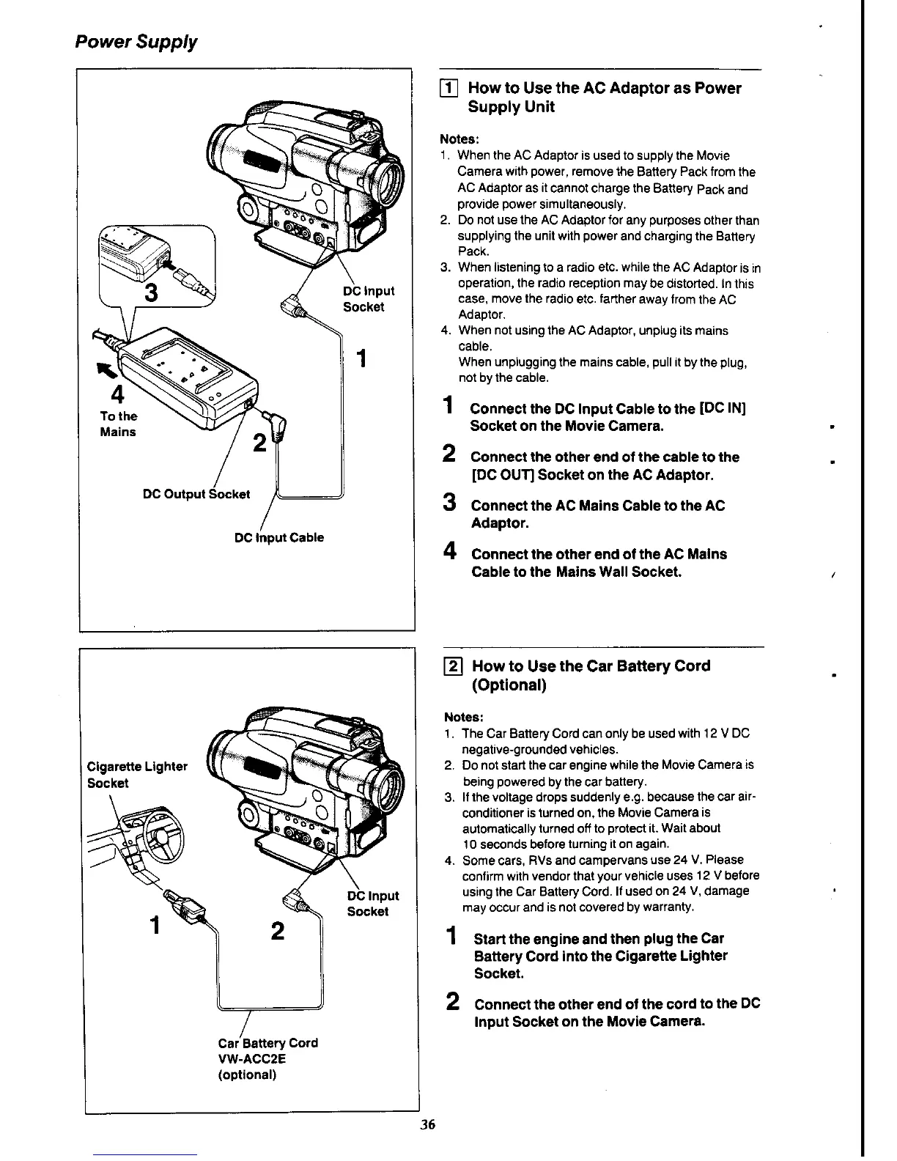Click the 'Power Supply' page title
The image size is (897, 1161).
pyautogui.click(x=136, y=42)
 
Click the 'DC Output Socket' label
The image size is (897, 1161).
pyautogui.click(x=196, y=494)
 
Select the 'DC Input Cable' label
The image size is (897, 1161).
pyautogui.click(x=278, y=537)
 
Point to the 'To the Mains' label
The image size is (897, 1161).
pyautogui.click(x=118, y=424)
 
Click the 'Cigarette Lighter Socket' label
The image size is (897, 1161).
pyautogui.click(x=137, y=774)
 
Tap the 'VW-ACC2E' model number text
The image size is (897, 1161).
pyautogui.click(x=252, y=1058)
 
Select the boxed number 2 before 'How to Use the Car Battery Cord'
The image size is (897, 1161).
pyautogui.click(x=454, y=666)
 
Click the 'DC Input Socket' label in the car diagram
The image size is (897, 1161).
pyautogui.click(x=372, y=903)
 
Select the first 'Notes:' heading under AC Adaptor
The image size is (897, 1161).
pyautogui.click(x=459, y=139)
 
